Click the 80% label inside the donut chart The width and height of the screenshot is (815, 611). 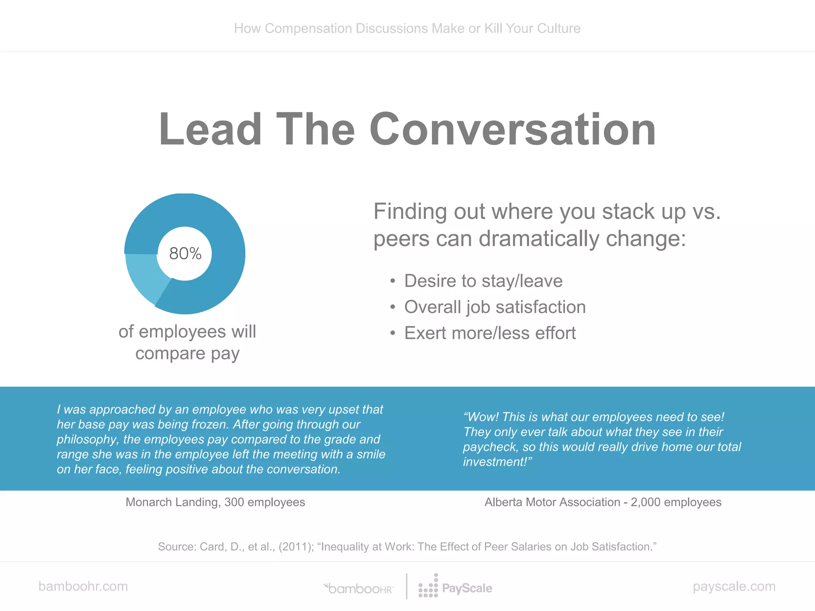point(185,254)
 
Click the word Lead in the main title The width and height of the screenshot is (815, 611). point(210,129)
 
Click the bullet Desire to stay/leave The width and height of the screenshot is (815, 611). point(483,281)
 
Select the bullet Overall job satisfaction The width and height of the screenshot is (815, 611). point(495,307)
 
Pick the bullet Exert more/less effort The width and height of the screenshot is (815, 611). point(490,333)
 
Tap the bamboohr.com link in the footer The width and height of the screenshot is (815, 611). point(83,586)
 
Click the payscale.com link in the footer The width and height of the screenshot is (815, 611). point(734,586)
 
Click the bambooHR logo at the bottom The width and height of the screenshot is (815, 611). point(359,588)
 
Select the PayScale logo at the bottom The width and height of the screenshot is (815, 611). point(456,588)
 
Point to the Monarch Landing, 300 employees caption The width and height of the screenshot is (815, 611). point(215,502)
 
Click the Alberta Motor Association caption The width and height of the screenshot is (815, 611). point(602,502)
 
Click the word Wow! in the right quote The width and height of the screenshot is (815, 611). point(481,417)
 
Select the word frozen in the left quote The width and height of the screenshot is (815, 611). point(210,424)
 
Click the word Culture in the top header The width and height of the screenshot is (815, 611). point(559,29)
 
